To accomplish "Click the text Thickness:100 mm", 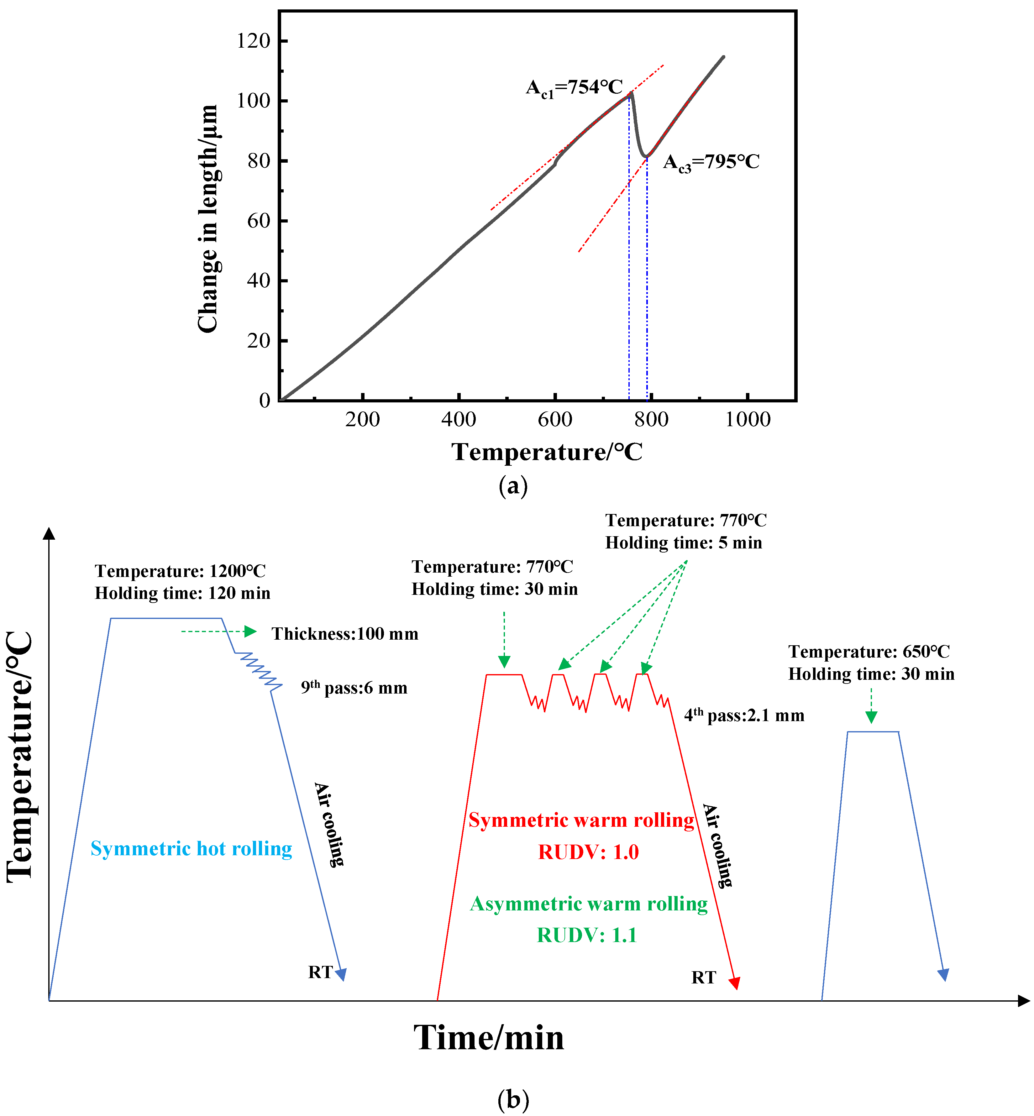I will [x=345, y=634].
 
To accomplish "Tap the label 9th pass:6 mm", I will [x=354, y=688].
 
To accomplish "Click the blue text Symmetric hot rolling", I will [x=192, y=849].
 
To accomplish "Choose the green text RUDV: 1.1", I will [x=587, y=935].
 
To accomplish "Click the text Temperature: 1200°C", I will [x=180, y=571].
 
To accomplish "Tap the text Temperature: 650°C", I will [x=869, y=652].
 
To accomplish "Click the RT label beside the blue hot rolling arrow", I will [x=320, y=972].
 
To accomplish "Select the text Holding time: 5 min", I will [x=683, y=542].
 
